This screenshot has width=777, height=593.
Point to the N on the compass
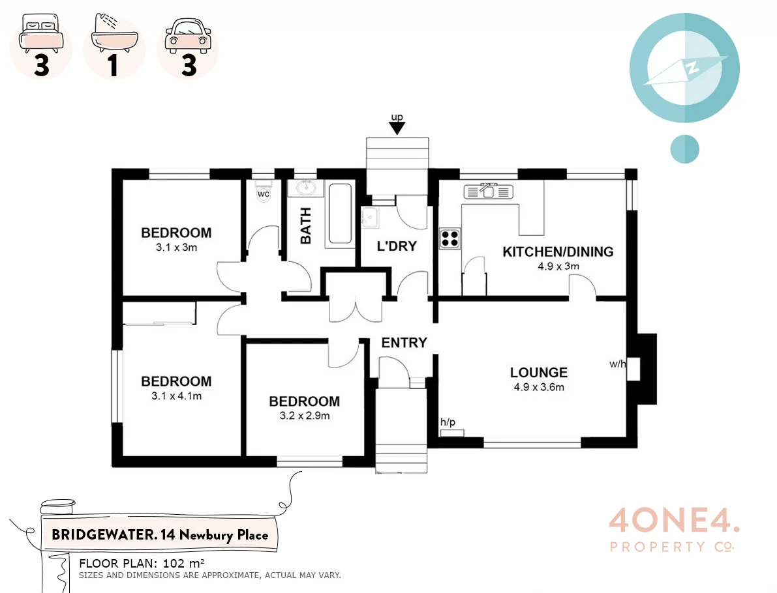(692, 66)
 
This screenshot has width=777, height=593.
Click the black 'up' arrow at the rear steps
(397, 128)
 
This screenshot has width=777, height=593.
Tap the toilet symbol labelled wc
(264, 195)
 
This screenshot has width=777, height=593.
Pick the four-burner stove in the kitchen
(449, 238)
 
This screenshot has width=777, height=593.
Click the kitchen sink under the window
(489, 191)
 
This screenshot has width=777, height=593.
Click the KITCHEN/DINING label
(558, 252)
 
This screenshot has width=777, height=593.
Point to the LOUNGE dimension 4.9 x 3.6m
(538, 387)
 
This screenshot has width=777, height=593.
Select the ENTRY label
(404, 343)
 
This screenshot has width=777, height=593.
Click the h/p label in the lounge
(448, 422)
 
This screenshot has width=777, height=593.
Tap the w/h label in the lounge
(617, 364)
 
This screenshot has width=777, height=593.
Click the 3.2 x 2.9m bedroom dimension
(304, 415)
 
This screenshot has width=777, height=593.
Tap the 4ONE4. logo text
(674, 523)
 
